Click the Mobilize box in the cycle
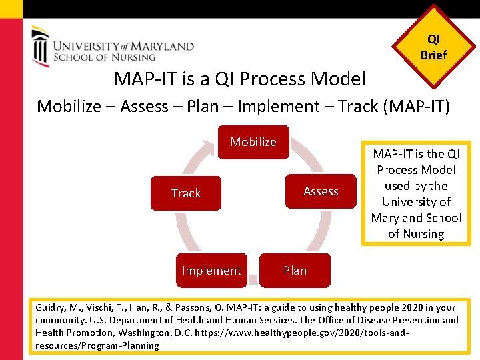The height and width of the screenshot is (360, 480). tap(253, 142)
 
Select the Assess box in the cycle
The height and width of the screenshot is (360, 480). tap(321, 191)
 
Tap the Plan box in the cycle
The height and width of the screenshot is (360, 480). tap(295, 270)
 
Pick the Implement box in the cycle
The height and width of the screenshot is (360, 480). tap(211, 270)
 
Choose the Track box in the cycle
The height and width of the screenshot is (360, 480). tap(185, 193)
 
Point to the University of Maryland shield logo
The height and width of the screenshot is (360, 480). tap(41, 47)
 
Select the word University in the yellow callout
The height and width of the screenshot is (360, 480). tap(417, 202)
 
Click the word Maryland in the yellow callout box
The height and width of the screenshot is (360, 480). tap(398, 218)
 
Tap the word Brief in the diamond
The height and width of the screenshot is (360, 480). tap(433, 55)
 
